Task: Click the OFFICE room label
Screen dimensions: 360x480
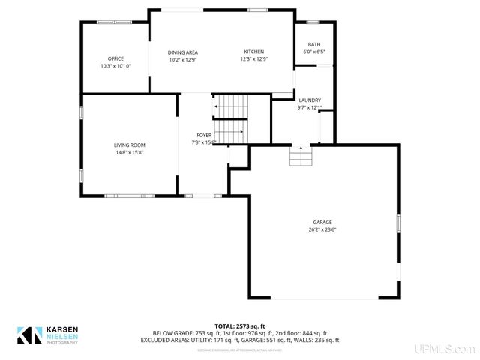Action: [115, 58]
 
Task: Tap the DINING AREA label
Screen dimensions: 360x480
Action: [183, 52]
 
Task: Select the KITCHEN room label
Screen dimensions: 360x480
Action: [254, 52]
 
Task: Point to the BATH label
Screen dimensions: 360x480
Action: [314, 45]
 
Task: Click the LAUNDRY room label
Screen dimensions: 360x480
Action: [310, 100]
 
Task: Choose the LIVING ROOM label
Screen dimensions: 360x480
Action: [129, 145]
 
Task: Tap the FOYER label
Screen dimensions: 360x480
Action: [204, 135]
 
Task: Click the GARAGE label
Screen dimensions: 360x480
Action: [322, 223]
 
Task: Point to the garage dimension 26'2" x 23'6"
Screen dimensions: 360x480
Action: [322, 229]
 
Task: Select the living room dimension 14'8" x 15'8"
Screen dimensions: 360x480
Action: [129, 152]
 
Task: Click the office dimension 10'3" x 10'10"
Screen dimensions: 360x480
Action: [115, 66]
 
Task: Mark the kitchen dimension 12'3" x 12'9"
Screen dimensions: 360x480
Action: [254, 59]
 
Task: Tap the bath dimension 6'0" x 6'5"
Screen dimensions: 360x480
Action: [314, 52]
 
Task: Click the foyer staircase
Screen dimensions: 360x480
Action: [230, 120]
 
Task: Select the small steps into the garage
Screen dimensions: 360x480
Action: [301, 157]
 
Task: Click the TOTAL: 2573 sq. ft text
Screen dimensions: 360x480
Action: [240, 325]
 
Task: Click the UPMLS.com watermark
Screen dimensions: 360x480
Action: [448, 349]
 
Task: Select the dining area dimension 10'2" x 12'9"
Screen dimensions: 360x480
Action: [183, 59]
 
